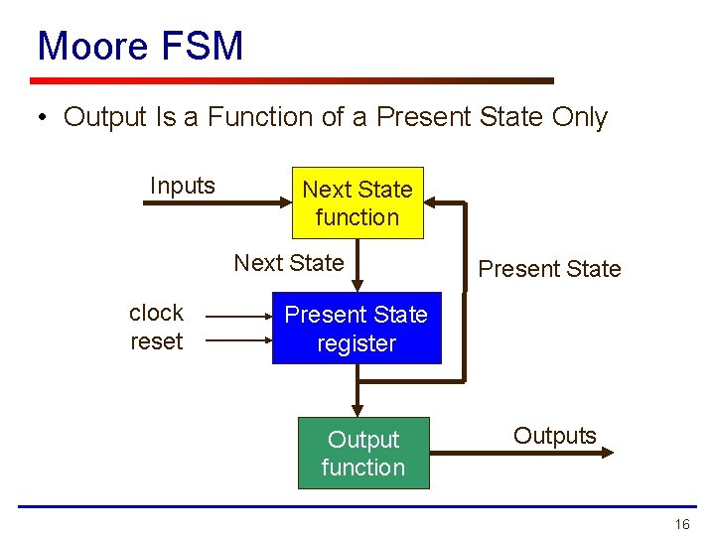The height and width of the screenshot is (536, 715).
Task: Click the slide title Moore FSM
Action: tap(140, 46)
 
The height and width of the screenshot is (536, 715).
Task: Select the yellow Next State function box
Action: tap(357, 202)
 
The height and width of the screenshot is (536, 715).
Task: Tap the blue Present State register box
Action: tap(357, 329)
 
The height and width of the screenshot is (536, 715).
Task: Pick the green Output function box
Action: tap(363, 453)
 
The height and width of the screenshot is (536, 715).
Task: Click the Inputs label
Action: tap(182, 186)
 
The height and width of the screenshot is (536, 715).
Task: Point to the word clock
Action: tap(156, 313)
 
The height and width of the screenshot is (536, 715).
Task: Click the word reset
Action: tap(156, 341)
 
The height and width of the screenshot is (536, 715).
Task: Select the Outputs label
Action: tap(554, 436)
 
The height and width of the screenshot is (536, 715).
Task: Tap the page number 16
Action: tap(681, 524)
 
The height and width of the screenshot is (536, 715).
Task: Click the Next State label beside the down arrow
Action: tap(288, 263)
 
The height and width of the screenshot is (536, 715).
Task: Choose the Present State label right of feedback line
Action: tap(549, 269)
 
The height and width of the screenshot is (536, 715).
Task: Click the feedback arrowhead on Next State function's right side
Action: tap(432, 203)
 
